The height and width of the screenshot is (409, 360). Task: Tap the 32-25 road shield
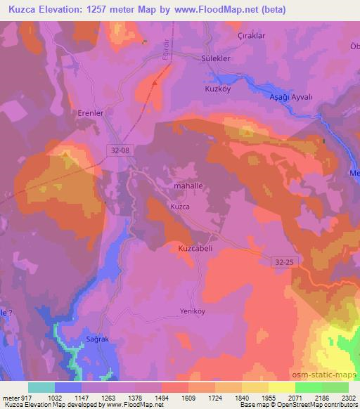coord(282,261)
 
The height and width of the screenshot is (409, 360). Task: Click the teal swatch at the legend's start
coord(41,387)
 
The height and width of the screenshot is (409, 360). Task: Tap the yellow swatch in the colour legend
coord(282,387)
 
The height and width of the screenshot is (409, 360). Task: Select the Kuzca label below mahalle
coord(179,207)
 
